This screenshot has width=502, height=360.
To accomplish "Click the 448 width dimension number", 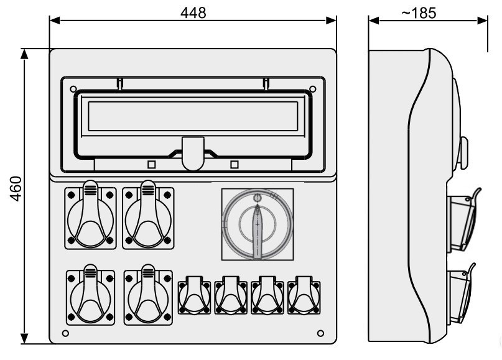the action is [193, 13].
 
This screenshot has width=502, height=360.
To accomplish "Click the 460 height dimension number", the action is [16, 188].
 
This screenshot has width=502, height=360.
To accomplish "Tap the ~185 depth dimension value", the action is [419, 13].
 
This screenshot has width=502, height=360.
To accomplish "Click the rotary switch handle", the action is [258, 231].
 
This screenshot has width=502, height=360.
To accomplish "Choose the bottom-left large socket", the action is [91, 295].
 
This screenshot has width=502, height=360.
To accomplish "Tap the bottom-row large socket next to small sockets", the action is [148, 295].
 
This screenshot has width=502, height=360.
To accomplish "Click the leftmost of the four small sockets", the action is [194, 296].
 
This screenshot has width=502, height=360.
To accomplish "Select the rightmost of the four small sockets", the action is [304, 296].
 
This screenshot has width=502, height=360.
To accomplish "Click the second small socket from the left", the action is [231, 296].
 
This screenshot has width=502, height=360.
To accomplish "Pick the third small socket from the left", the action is [267, 296].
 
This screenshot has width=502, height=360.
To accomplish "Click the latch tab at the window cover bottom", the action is [193, 154].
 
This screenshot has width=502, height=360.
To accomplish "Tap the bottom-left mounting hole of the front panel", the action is [65, 333].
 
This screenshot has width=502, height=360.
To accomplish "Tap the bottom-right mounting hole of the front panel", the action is [320, 333].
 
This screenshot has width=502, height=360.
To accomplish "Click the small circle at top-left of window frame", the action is [73, 89].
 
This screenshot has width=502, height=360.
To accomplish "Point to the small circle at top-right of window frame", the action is [313, 89].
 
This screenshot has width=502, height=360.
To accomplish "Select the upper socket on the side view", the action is [463, 221].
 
